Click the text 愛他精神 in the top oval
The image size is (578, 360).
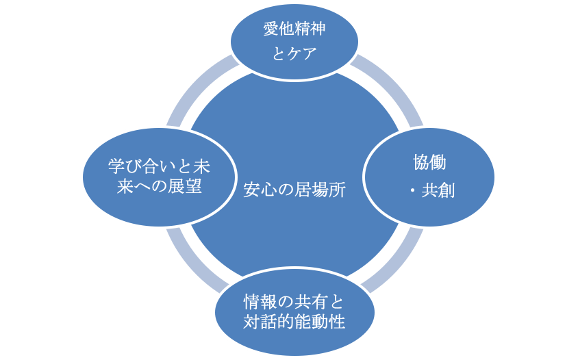click(x=294, y=29)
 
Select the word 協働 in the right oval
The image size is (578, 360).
click(x=429, y=163)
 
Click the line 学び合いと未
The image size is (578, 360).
click(x=159, y=165)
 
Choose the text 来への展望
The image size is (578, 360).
click(x=159, y=187)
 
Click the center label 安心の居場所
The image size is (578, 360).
click(x=294, y=191)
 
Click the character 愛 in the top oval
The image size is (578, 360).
click(x=271, y=29)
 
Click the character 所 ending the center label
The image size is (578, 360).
click(x=337, y=191)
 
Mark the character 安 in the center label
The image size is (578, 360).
click(x=252, y=191)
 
